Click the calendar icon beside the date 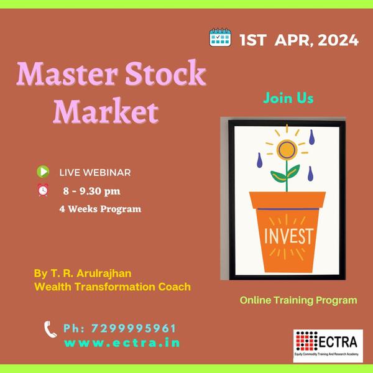pyautogui.click(x=221, y=39)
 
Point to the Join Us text pyautogui.click(x=288, y=98)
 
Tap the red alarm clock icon pyautogui.click(x=43, y=190)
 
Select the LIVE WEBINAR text pyautogui.click(x=94, y=172)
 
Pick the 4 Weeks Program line pyautogui.click(x=100, y=209)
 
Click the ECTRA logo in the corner pyautogui.click(x=328, y=345)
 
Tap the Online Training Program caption pyautogui.click(x=298, y=300)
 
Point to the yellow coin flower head pyautogui.click(x=286, y=149)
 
